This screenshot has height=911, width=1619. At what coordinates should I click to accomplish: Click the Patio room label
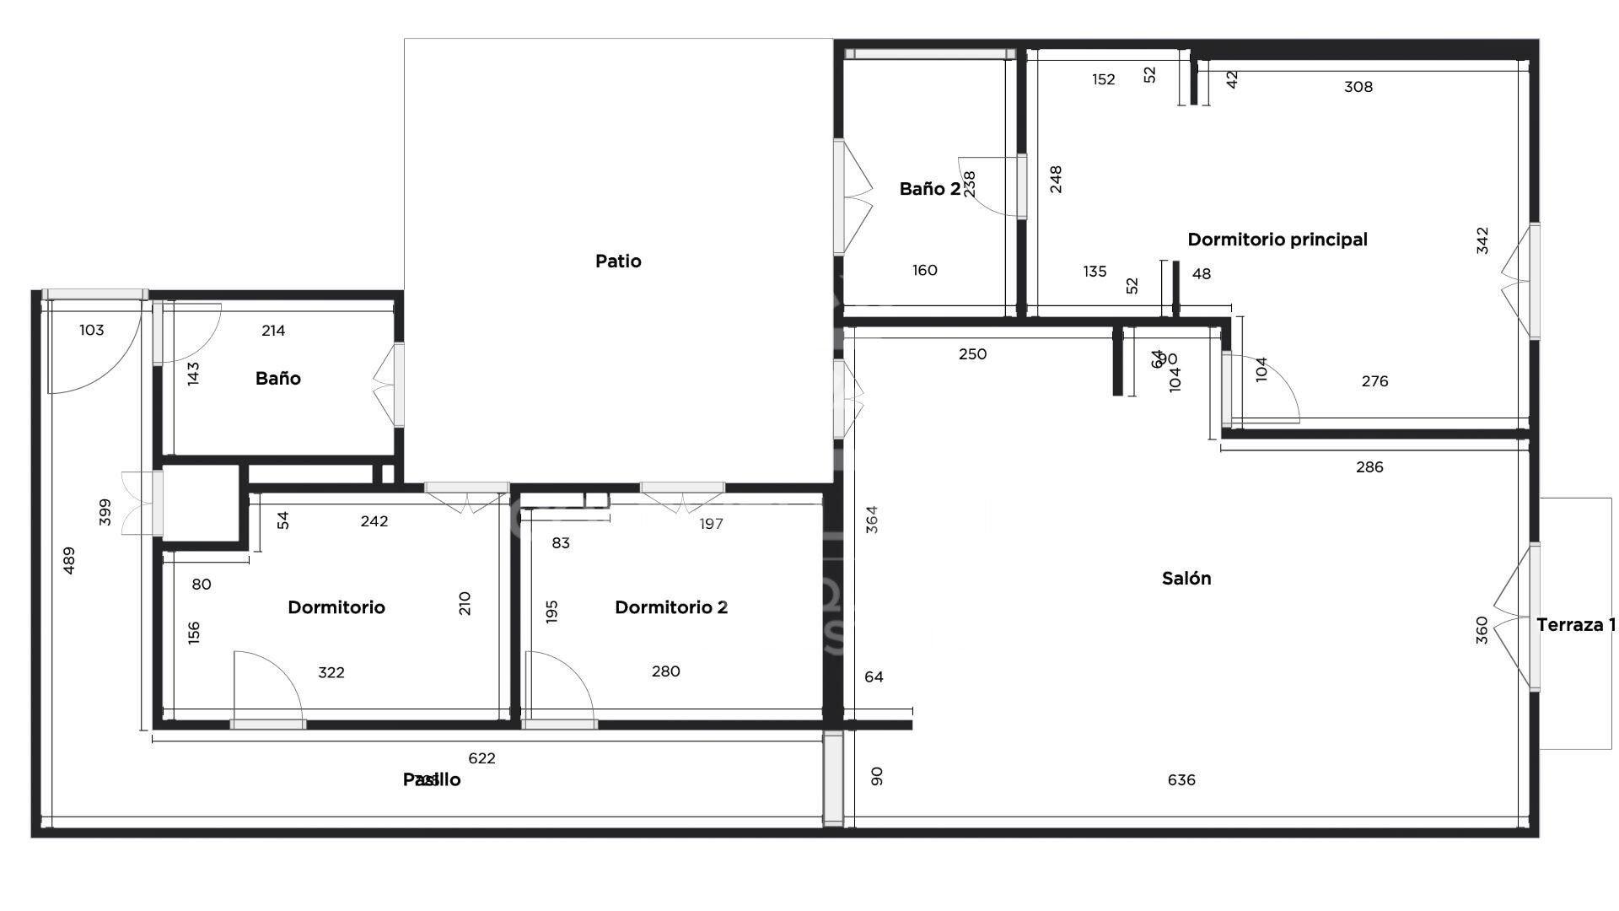point(618,261)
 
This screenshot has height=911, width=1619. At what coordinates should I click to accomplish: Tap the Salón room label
point(1186,579)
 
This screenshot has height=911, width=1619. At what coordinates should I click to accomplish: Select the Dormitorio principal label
point(1277,240)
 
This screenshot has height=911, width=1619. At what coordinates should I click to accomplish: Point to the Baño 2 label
point(929,189)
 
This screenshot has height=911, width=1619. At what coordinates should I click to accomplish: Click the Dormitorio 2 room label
point(670,607)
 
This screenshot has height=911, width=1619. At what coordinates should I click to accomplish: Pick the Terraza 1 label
point(1575,625)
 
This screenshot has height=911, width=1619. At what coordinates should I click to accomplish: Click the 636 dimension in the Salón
point(1181,780)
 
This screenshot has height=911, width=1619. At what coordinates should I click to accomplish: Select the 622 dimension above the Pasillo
point(481,758)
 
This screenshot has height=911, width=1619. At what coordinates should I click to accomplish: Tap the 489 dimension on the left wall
point(69,561)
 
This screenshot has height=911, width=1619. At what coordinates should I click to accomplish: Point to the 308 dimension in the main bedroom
point(1358,87)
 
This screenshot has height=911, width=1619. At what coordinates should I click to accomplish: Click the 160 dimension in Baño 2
point(925,271)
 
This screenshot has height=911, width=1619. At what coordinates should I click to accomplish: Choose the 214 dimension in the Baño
point(273,331)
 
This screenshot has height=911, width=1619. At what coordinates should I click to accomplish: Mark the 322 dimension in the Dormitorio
point(331,673)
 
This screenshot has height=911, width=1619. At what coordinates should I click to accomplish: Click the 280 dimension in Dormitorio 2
point(665,671)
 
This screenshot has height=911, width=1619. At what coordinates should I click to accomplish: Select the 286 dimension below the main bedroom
point(1369,467)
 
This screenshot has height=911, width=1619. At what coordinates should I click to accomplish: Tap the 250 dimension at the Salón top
point(972,354)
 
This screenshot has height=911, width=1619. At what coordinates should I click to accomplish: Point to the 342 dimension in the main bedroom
point(1482,240)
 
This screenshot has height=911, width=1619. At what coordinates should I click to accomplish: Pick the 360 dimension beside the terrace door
point(1482,630)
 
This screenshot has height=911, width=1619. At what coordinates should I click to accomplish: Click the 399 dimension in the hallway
point(105,512)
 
